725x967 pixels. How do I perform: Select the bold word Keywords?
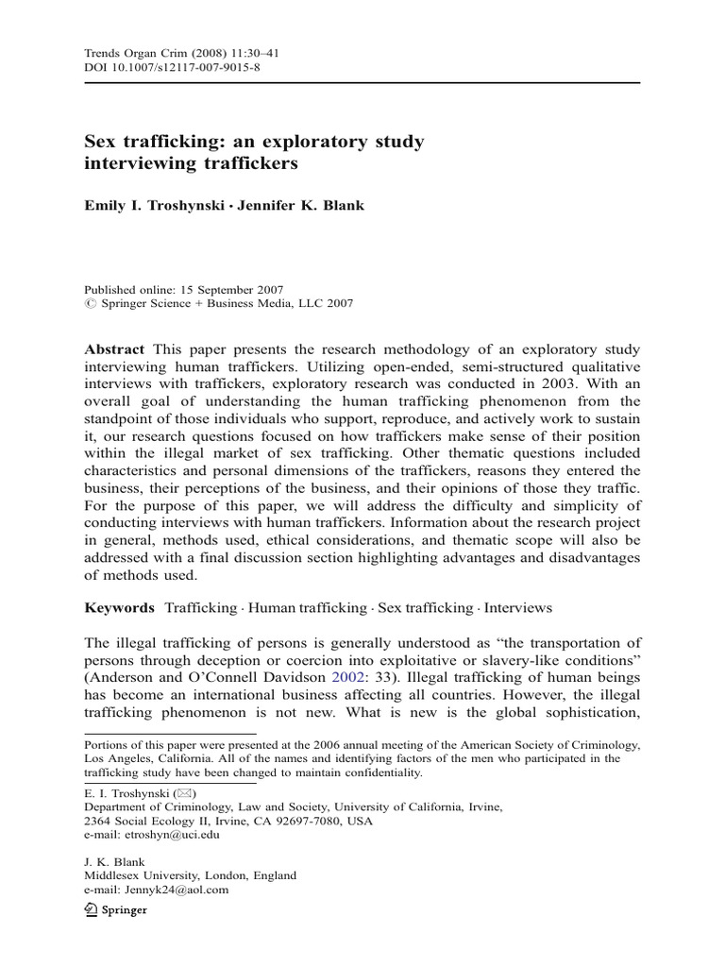[120, 608]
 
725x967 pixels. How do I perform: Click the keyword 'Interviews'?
[518, 608]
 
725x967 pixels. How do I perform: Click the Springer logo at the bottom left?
[117, 909]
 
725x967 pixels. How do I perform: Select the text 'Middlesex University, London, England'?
[190, 874]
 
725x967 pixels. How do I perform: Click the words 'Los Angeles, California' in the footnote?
[145, 757]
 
